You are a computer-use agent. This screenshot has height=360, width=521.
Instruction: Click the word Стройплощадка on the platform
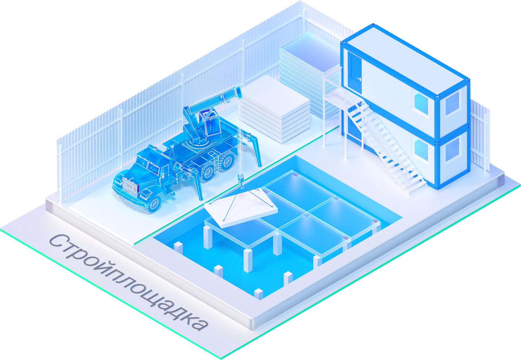pyautogui.click(x=129, y=282)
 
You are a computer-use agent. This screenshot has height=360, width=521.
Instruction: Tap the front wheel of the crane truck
pyautogui.click(x=152, y=204)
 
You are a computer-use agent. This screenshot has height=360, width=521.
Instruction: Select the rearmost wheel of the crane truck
pyautogui.click(x=227, y=161)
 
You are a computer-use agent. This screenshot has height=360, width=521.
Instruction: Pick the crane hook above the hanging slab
pyautogui.click(x=241, y=181)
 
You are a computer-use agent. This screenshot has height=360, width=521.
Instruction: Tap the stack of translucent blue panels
pyautogui.click(x=309, y=75)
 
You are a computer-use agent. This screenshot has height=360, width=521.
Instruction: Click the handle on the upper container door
pyautogui.click(x=359, y=79)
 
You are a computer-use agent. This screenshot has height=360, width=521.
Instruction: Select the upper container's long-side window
pyautogui.click(x=421, y=103)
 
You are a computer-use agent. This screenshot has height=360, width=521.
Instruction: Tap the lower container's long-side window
pyautogui.click(x=421, y=149)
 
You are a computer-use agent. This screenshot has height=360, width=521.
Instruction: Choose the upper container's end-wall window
pyautogui.click(x=452, y=104)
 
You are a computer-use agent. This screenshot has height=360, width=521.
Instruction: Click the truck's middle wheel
pyautogui.click(x=208, y=172)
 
